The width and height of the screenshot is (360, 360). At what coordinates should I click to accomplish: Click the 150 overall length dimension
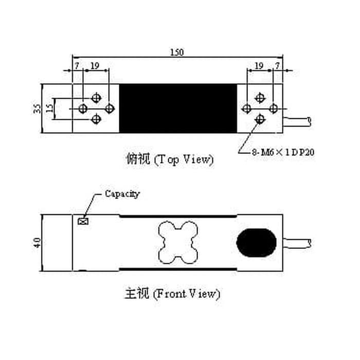point(176,52)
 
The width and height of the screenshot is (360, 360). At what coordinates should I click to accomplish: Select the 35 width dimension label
point(37,109)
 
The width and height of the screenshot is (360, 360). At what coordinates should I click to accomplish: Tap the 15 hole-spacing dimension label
point(49,109)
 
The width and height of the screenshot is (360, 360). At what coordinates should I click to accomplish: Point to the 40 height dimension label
point(37,242)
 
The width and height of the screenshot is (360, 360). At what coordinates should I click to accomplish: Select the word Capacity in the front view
point(122,194)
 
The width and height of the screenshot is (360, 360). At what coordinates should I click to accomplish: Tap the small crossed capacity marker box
point(82,221)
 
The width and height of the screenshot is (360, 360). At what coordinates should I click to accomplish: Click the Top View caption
point(169,159)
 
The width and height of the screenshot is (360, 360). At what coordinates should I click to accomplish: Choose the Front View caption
point(172,294)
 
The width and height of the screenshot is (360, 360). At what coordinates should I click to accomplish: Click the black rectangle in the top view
point(178,109)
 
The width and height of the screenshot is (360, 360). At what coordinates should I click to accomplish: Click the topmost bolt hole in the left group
point(96,97)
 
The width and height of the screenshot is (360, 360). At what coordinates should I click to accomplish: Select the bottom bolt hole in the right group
point(260,120)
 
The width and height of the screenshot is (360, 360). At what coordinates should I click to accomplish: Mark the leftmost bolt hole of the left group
point(82,109)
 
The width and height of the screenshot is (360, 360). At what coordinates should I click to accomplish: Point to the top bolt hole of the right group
point(260,97)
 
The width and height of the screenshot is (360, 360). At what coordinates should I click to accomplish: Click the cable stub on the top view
point(298,121)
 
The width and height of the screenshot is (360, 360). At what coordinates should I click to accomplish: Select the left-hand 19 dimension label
point(95,66)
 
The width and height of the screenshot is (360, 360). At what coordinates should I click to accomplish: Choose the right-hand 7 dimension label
point(278,66)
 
